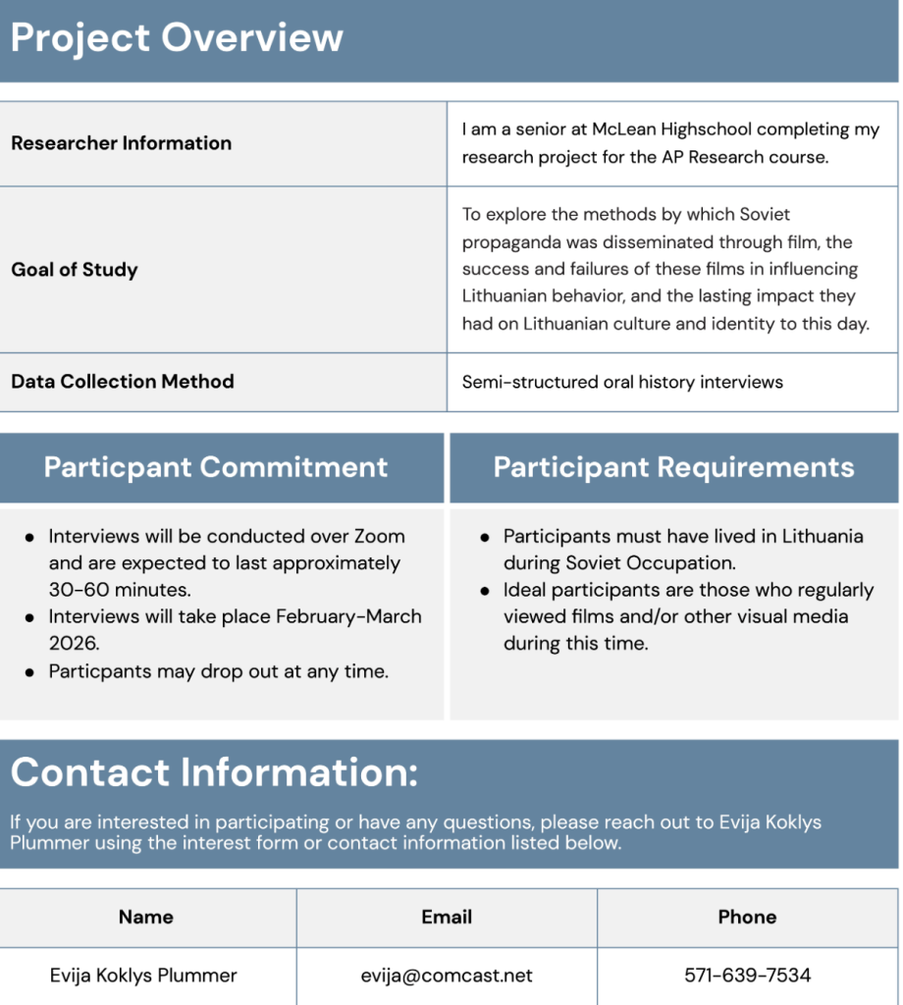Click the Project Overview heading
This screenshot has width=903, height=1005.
177,37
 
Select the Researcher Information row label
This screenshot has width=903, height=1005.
121,143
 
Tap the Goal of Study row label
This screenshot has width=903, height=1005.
75,270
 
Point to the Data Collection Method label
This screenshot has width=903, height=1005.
123,382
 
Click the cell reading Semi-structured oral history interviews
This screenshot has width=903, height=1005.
622,382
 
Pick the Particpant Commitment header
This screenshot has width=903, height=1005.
216,467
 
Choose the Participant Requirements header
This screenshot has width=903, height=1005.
673,467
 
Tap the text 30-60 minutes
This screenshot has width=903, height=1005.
120,590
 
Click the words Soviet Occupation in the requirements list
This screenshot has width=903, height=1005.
651,563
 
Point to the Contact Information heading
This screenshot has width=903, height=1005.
214,772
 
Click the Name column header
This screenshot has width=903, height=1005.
146,918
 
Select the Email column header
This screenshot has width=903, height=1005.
447,918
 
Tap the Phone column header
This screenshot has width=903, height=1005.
747,918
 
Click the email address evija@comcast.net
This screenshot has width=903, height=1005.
447,976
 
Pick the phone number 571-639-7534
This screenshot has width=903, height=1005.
747,976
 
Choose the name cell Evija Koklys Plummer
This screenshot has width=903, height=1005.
143,976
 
